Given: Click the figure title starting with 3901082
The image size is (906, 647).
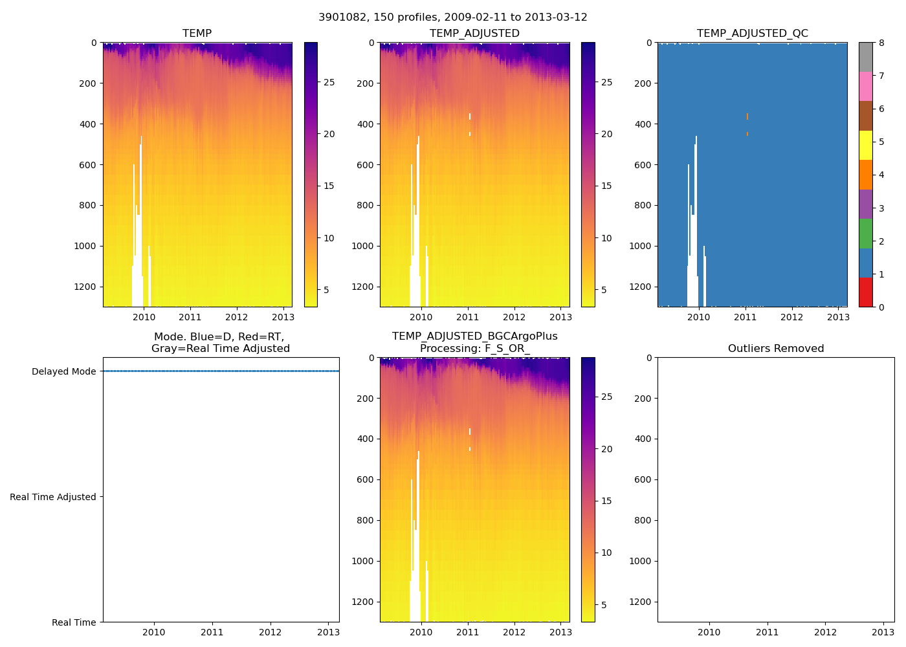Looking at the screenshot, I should pos(453,17).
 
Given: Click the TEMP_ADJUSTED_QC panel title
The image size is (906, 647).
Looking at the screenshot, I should pos(752,34).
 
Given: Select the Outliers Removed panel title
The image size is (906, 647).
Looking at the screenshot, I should pos(775,349).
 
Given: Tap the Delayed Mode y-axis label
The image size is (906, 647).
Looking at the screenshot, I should pos(63,371).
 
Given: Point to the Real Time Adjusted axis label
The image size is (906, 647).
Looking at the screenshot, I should pos(52,497).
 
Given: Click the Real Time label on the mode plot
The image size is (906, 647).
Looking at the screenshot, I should pos(74,622).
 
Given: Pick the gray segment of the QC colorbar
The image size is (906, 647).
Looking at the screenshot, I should pos(865,57).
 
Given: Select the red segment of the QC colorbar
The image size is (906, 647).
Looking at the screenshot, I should pos(865,292).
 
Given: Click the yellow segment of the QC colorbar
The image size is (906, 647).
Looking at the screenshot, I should pos(865,145).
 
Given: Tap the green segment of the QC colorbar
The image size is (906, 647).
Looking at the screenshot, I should pos(865,234).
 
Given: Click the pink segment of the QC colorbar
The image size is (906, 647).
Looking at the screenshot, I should pos(865,86).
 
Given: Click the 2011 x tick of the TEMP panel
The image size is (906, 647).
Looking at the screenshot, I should pos(190,317).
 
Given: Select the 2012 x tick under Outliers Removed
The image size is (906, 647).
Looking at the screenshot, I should pos(825,632).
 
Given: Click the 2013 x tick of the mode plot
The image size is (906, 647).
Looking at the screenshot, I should pos(328,632).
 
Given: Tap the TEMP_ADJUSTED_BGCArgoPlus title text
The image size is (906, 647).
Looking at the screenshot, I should pos(474,336).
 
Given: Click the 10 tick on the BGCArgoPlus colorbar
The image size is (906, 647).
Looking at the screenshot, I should pos(606,553).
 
